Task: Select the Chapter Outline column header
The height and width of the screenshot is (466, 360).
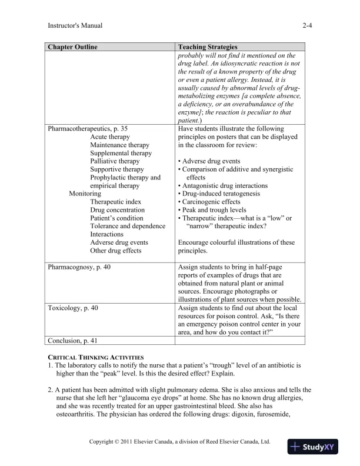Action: coord(73,47)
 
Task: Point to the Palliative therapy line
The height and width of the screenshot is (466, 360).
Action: coord(115,161)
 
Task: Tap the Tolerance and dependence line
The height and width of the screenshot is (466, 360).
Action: coord(128,227)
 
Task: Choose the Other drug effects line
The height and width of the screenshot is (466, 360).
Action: coord(115,251)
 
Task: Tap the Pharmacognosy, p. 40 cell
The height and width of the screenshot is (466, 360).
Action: coord(79,267)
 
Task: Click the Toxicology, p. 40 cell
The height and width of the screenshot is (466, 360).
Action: coord(73,308)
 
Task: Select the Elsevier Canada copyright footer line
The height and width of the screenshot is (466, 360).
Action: coord(179,441)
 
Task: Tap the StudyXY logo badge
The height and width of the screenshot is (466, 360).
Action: coord(316,447)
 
